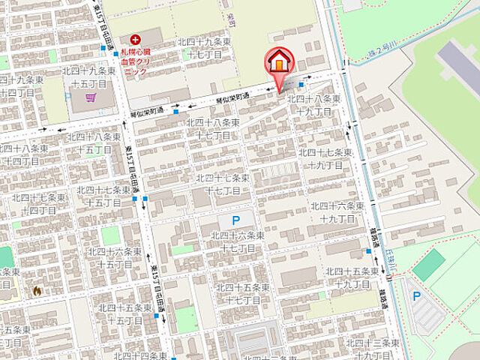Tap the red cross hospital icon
[135, 39]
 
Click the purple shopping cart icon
[90, 97]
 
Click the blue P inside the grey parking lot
[416, 296]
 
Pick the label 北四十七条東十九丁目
[325, 157]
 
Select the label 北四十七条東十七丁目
[223, 184]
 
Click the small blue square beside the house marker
[300, 85]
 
